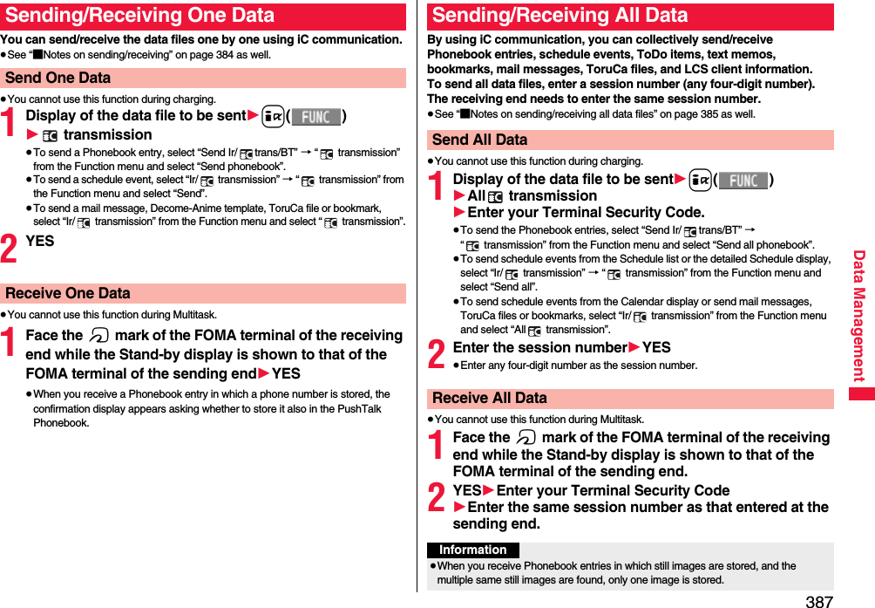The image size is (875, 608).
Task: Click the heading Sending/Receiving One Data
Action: tap(139, 16)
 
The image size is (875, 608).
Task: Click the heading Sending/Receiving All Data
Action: tap(560, 16)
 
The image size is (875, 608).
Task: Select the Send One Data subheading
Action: tap(58, 78)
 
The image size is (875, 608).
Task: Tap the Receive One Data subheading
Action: tap(68, 293)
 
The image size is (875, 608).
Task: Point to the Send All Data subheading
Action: tap(480, 140)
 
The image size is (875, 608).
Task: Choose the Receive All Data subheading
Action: tap(490, 398)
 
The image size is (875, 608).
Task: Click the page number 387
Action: tap(818, 601)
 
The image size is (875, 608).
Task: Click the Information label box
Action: tap(472, 550)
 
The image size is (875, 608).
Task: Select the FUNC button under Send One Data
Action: tap(315, 117)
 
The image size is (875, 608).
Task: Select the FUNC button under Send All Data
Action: tap(743, 181)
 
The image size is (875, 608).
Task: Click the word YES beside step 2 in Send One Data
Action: tap(40, 242)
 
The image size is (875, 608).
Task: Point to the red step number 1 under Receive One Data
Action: tap(10, 344)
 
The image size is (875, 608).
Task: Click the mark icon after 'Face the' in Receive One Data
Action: tap(98, 336)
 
